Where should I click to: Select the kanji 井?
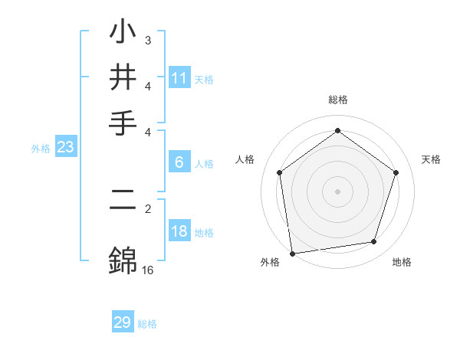point(123,77)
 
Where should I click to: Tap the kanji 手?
point(123,123)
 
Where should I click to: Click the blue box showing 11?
point(179,78)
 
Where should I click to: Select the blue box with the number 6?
point(179,162)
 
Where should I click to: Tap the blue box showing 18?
point(179,232)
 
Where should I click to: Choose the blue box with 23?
point(65,148)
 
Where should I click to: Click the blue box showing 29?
point(123,322)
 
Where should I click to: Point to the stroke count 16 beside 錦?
point(148,270)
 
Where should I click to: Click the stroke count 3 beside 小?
point(148,39)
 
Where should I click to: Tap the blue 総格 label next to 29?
point(147,324)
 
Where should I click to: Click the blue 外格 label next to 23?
point(40,149)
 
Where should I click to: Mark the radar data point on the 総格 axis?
point(337,131)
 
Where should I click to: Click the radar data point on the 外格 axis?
point(292,252)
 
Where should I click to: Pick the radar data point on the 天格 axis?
point(396,172)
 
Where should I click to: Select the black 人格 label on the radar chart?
point(245,159)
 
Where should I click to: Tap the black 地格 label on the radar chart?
point(402,262)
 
